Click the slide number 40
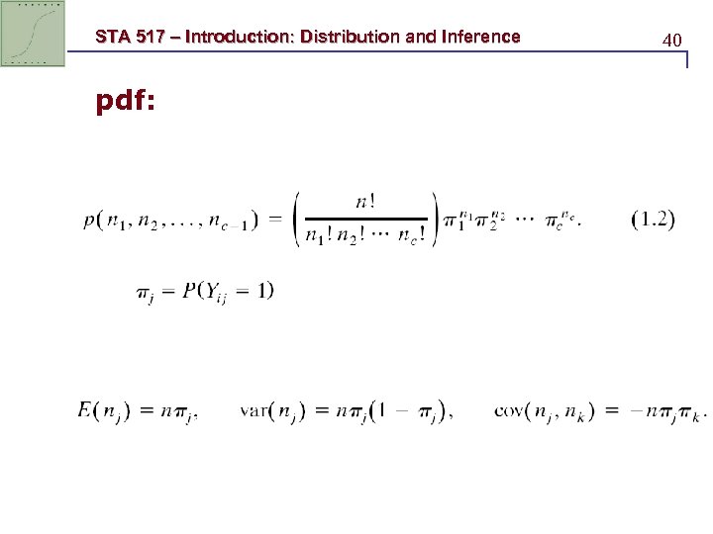pos(672,41)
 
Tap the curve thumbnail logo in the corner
pos(33,33)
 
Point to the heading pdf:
pos(125,102)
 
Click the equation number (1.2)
pos(653,220)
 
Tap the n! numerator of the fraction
pos(365,201)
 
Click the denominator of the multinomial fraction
pos(365,237)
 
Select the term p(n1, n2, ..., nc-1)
pos(169,221)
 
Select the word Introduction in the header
pos(237,37)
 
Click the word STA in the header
pos(112,37)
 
